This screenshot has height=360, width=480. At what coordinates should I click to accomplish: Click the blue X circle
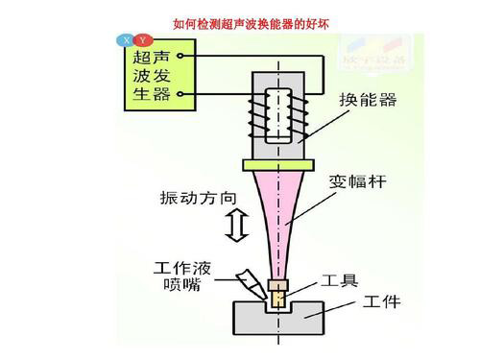click(126, 39)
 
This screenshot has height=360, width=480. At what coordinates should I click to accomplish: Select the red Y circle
click(142, 39)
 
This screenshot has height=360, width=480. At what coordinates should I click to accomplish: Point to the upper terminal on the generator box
click(179, 57)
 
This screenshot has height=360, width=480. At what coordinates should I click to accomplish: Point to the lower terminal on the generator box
click(179, 93)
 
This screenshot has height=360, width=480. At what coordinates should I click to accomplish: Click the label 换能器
click(369, 99)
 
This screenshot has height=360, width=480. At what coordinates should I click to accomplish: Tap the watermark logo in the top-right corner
click(390, 54)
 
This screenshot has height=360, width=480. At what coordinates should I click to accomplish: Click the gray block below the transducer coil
click(278, 154)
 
